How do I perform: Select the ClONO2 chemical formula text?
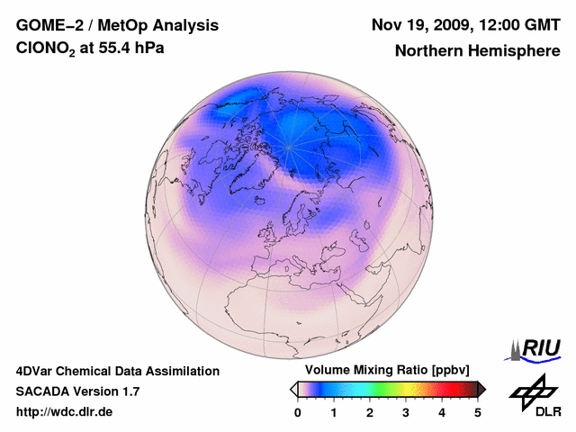tap(49, 49)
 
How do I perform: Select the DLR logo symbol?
tap(532, 391)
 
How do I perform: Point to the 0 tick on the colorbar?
tap(298, 412)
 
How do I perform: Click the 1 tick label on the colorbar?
tap(334, 412)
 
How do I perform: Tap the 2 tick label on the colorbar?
tap(370, 412)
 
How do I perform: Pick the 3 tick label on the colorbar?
tap(406, 412)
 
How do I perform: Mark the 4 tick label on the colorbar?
tap(442, 412)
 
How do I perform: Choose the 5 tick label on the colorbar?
tap(478, 412)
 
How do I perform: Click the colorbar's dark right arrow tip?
tap(482, 389)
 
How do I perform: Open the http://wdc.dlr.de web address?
tap(65, 412)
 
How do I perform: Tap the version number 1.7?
tap(129, 391)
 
